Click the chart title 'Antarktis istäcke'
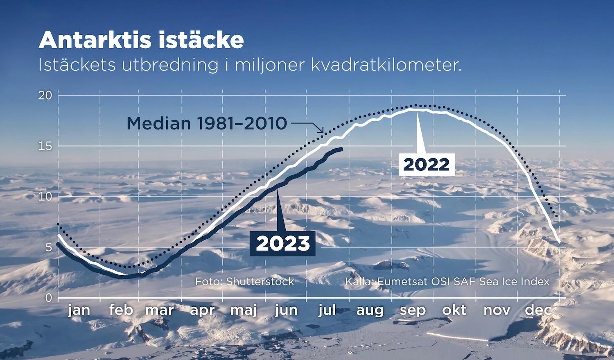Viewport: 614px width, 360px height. click(141, 40)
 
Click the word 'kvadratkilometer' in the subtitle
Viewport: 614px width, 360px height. click(386, 65)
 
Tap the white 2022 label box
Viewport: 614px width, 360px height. click(427, 165)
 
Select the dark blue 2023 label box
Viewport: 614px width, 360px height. click(282, 244)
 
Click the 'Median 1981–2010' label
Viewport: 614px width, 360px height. click(207, 123)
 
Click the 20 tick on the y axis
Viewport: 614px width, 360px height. click(45, 95)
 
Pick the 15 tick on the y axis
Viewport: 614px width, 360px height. click(45, 146)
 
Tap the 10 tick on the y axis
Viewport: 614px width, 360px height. click(45, 197)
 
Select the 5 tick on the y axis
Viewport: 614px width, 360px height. click(49, 247)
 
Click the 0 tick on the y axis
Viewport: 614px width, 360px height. click(49, 298)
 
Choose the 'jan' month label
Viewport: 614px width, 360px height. click(79, 310)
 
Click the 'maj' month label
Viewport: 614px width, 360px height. click(244, 310)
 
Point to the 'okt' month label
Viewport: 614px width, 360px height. click(454, 310)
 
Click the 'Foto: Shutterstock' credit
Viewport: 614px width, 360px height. click(244, 282)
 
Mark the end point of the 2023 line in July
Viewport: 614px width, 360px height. click(341, 149)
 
